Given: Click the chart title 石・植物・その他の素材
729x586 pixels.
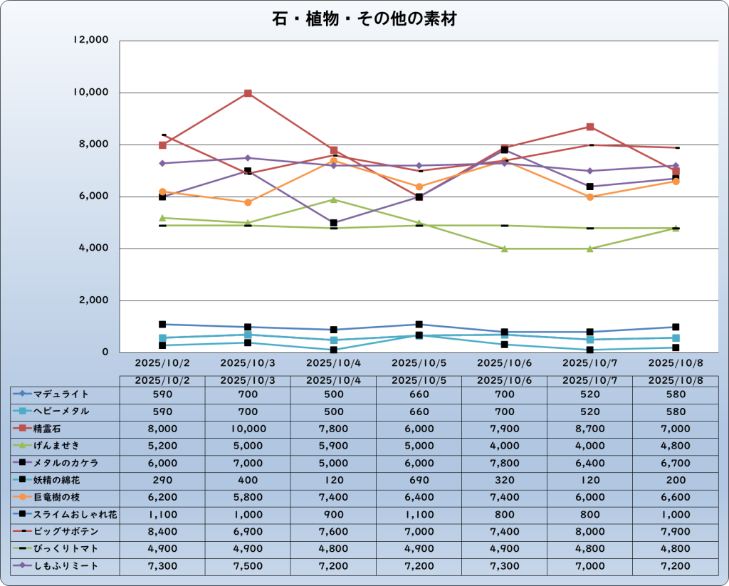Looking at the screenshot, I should coord(364,19).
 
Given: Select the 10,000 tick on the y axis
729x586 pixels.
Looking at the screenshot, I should coord(91,93).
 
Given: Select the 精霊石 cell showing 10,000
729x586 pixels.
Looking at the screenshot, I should coord(248,429).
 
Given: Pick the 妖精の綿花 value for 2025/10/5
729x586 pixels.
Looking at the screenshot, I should coord(419,480).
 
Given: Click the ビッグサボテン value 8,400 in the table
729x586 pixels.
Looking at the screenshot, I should coord(162,532).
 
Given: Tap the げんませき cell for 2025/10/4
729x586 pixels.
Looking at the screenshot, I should coord(333,446).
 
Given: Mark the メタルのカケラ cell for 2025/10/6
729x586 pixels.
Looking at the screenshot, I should coord(504,463).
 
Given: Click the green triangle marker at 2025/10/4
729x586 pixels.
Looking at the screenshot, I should coord(333,199).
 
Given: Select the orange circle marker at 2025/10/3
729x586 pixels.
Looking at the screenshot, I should coord(248,202).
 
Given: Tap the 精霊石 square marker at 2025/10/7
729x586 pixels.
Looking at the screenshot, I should coord(589,127).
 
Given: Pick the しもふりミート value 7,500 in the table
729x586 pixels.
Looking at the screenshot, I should coord(248,566).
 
